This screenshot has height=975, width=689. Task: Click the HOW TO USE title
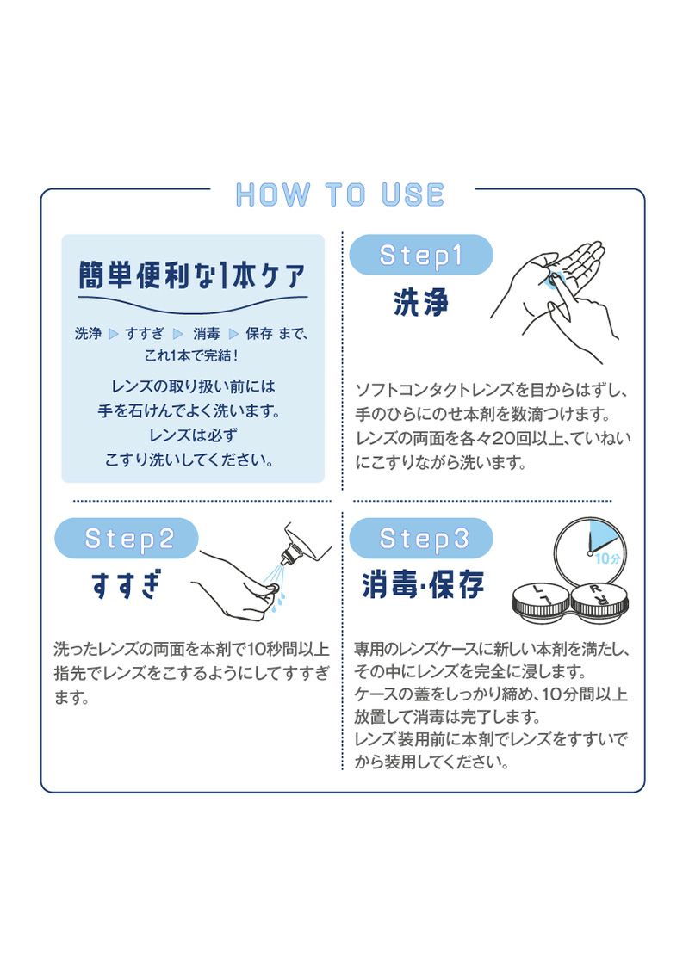340,194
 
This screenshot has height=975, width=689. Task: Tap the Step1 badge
421,255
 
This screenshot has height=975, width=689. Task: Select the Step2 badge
127,539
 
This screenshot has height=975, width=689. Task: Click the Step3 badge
421,539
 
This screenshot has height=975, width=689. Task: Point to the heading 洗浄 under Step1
421,303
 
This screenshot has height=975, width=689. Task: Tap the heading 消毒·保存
423,584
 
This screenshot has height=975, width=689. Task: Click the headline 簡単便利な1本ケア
192,275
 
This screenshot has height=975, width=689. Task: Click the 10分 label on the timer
607,558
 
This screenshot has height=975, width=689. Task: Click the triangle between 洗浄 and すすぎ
114,334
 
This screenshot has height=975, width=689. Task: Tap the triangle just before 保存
234,334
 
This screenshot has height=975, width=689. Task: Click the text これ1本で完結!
192,355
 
